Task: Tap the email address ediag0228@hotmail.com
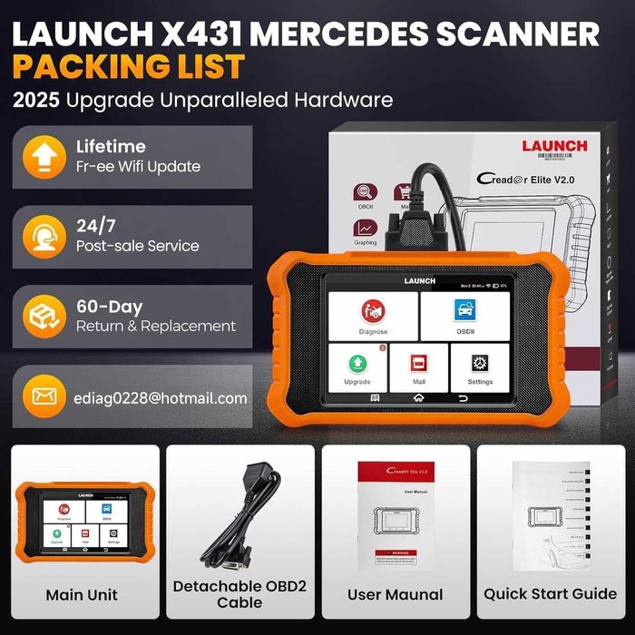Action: point(161,397)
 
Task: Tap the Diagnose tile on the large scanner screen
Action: point(373,316)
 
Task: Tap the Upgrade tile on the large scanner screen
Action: point(357,366)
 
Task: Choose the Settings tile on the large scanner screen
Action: point(481,366)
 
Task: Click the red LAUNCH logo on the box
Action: point(554,146)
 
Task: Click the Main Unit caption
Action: point(82,595)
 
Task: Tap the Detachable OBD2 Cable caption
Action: point(239,594)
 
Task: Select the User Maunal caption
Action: point(396,595)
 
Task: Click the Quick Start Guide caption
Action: point(550,595)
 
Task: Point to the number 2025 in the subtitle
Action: point(36,100)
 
